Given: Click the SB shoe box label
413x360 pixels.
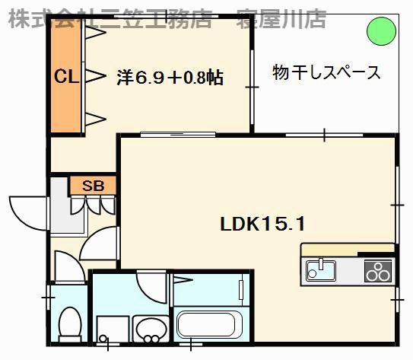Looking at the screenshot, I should [92, 185].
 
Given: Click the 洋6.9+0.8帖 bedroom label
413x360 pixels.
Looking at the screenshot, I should [170, 77].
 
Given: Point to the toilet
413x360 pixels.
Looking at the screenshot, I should [70, 323].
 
